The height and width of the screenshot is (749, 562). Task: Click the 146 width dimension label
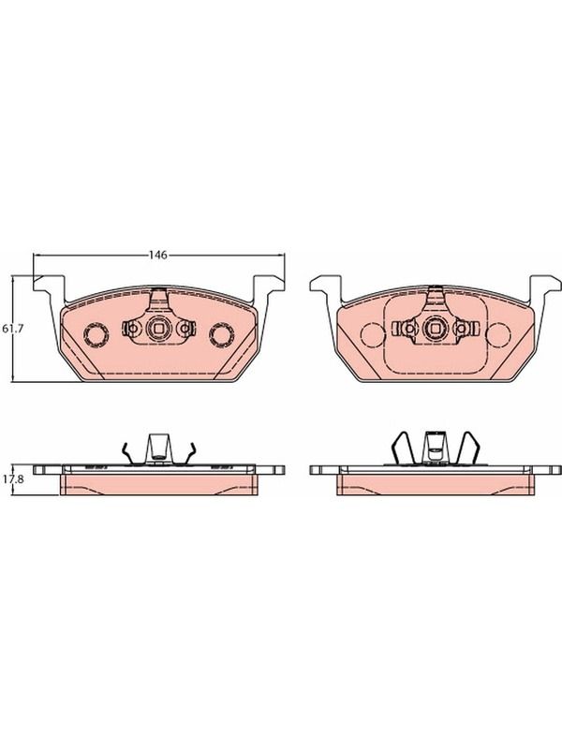tap(157, 255)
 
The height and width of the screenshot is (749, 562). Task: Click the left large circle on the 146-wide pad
tap(96, 335)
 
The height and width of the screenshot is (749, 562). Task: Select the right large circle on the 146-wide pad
tap(221, 335)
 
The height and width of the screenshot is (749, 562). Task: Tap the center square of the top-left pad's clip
tap(157, 329)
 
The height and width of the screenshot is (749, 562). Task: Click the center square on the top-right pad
tap(435, 329)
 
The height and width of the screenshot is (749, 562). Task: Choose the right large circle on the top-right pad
tap(498, 335)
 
